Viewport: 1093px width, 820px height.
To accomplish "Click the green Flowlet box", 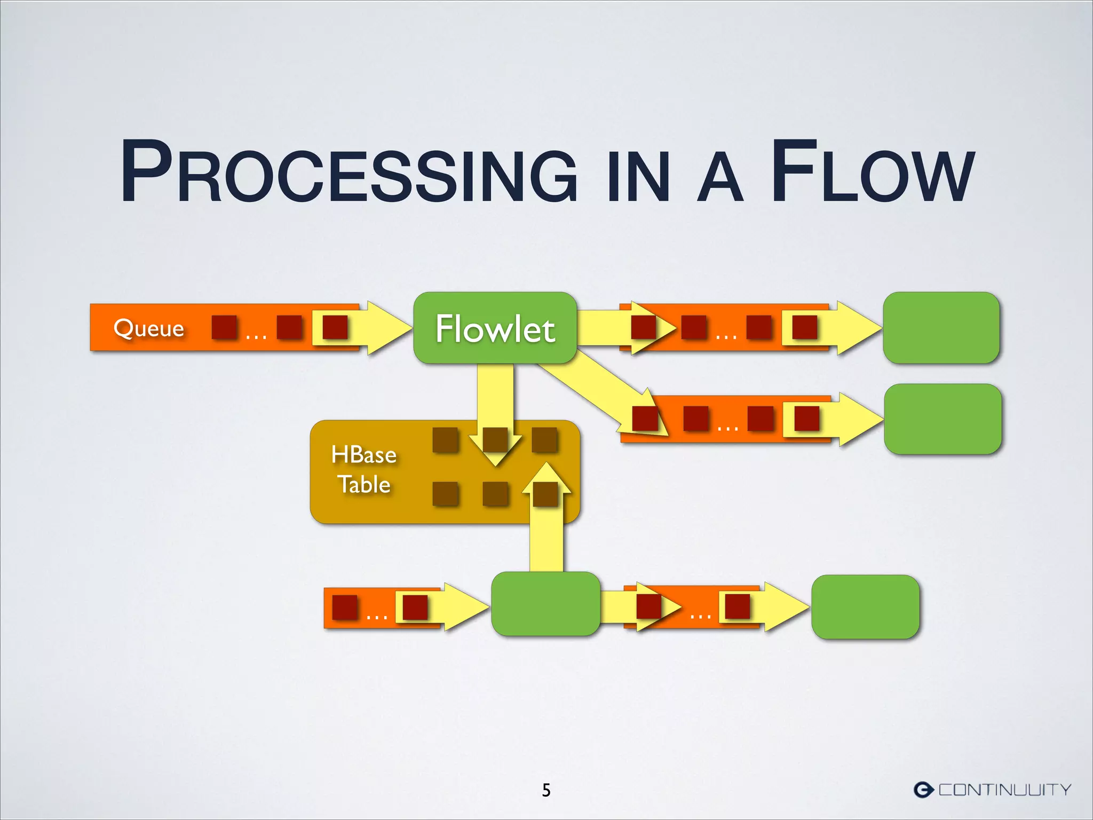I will pos(495,328).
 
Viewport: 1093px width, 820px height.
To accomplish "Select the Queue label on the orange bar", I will pos(148,328).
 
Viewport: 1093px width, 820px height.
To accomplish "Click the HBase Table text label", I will pos(364,470).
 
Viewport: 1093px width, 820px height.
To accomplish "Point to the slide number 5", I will pos(546,790).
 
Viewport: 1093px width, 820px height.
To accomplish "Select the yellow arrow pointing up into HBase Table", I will pos(546,529).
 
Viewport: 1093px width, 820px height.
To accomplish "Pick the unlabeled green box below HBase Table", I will pos(545,604).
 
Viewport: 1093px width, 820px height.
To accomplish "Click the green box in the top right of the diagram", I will pos(941,328).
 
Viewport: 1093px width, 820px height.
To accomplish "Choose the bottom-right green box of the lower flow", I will pos(865,607).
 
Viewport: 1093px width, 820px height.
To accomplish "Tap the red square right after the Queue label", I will pos(224,327).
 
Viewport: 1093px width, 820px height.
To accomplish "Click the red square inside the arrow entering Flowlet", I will pos(335,327).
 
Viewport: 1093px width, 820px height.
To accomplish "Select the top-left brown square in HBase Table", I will pos(446,440).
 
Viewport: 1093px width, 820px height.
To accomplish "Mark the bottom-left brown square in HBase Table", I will pos(446,494).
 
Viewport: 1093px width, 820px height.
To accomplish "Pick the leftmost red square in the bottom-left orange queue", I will pos(345,608).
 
